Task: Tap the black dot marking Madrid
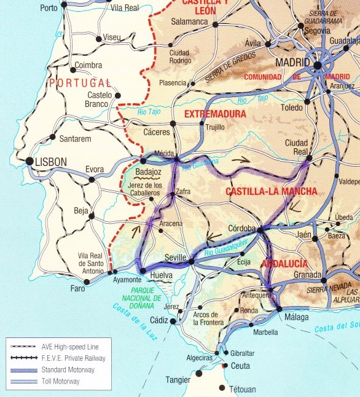pyautogui.click(x=317, y=65)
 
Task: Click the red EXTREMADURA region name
pyautogui.click(x=215, y=114)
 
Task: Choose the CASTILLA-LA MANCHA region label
pyautogui.click(x=272, y=192)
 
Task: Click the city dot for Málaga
pyautogui.click(x=279, y=309)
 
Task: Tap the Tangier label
pyautogui.click(x=178, y=380)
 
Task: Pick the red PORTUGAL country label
pyautogui.click(x=80, y=83)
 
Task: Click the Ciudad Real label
pyautogui.click(x=296, y=147)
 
